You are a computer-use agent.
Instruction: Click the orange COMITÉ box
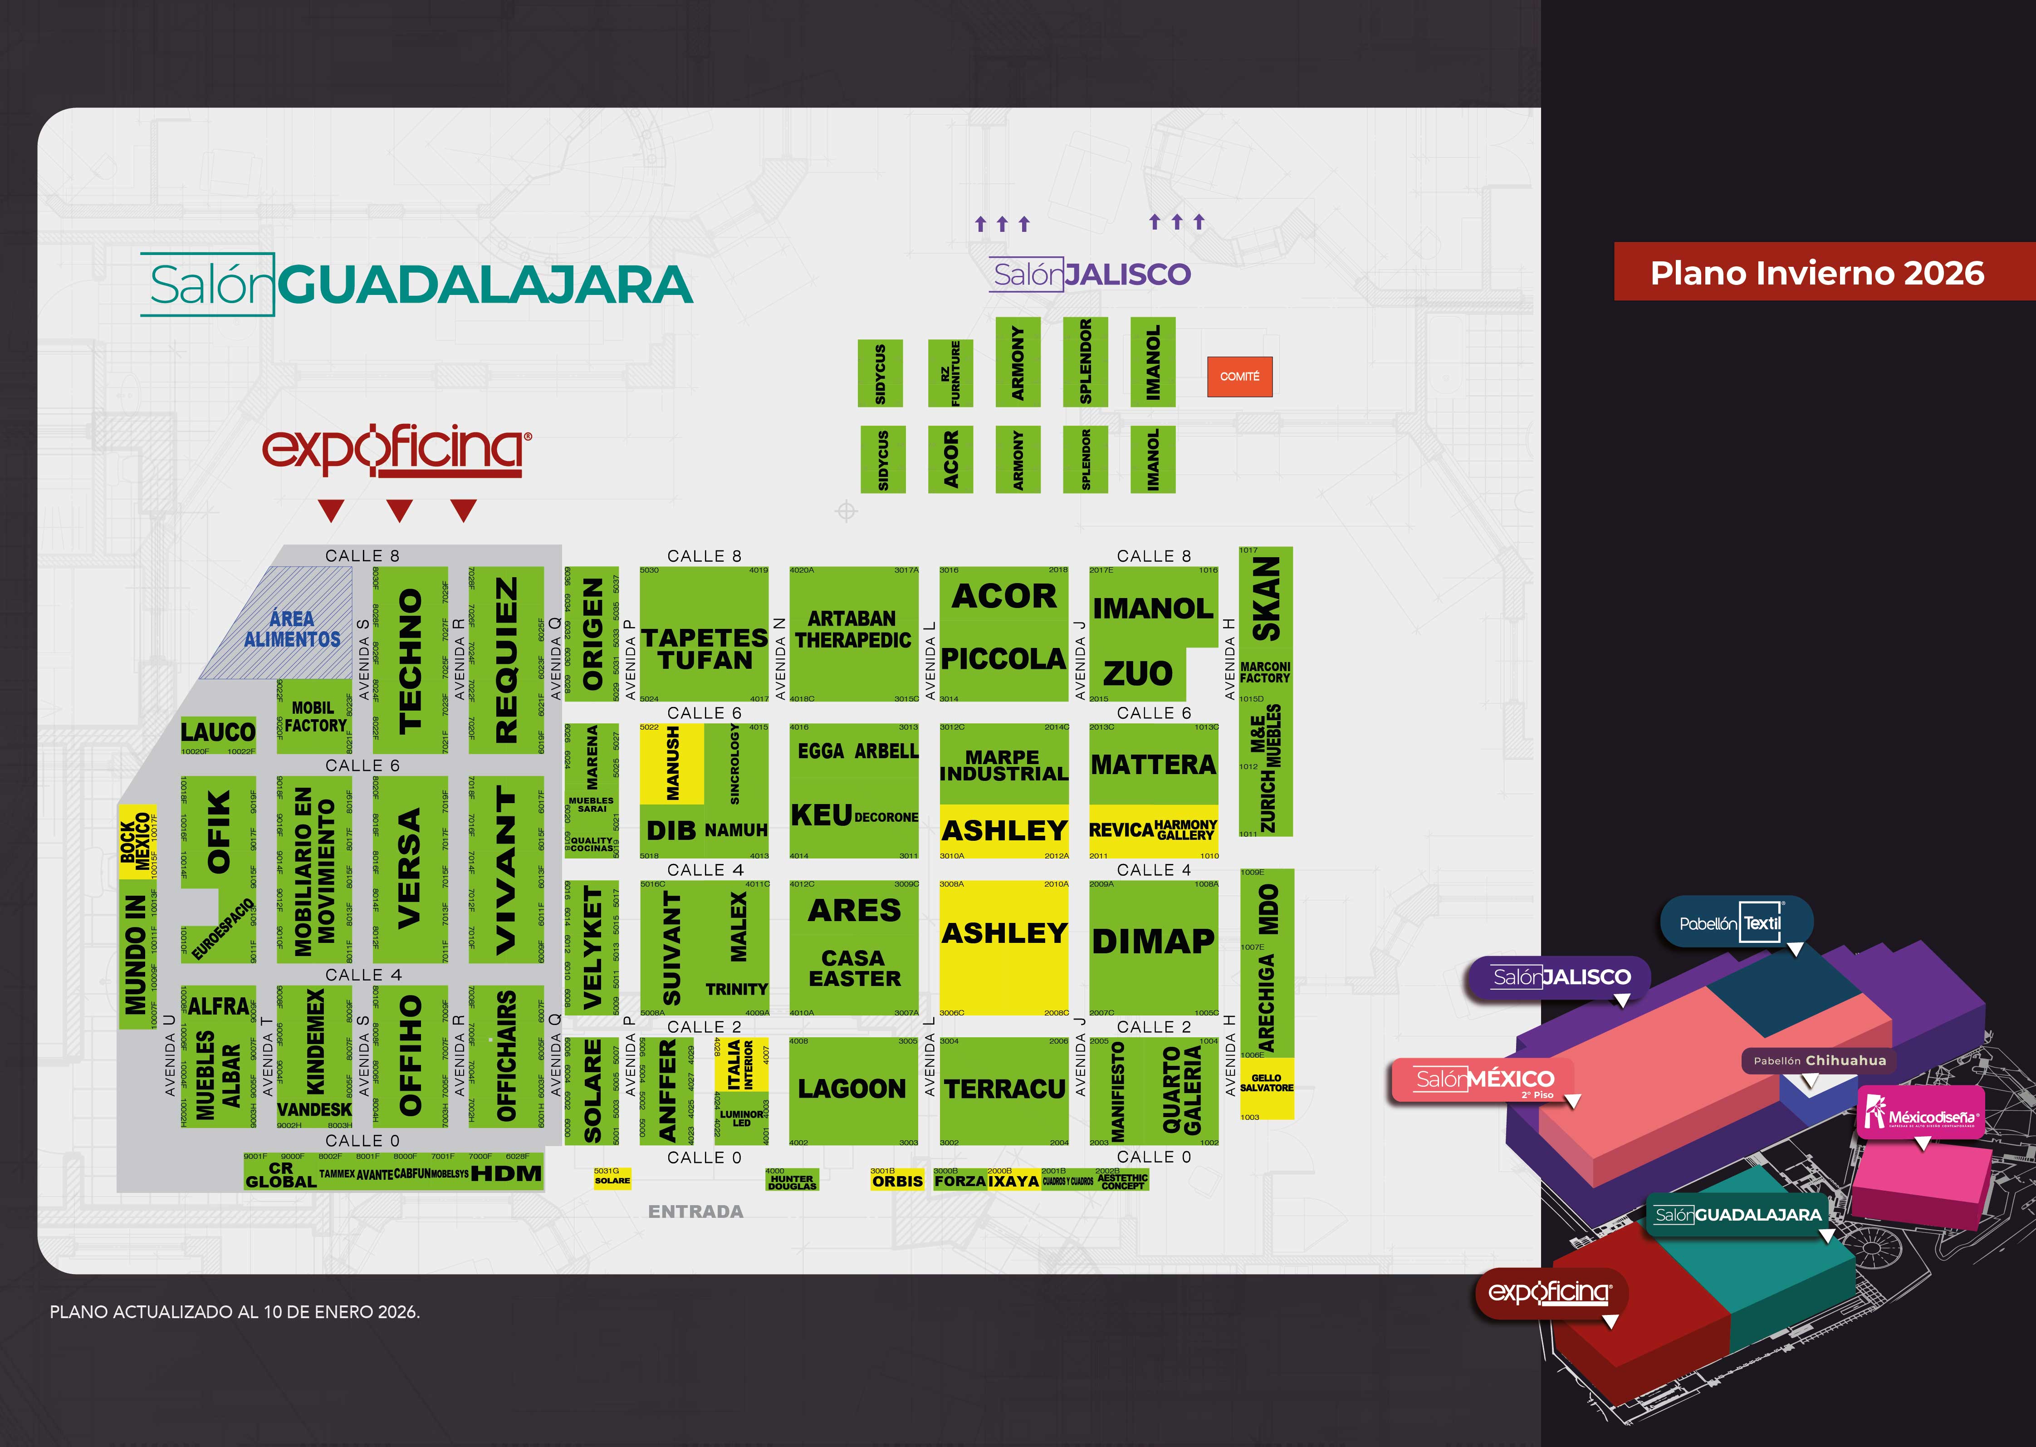pos(1239,377)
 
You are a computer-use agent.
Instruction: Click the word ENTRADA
pos(695,1212)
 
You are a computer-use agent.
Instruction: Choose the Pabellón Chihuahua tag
pos(1819,1060)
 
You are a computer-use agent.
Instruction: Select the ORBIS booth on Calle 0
pos(897,1181)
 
